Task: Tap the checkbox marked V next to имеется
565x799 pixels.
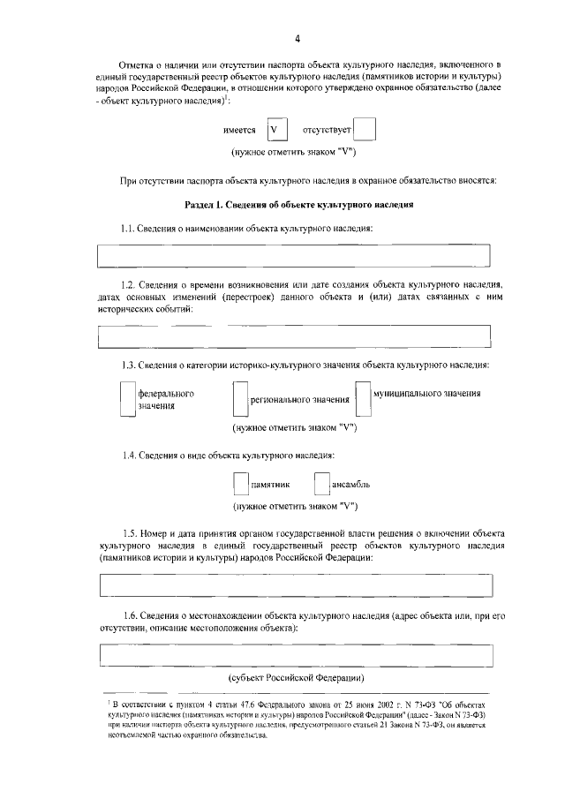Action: coord(277,131)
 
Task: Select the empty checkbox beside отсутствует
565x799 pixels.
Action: coord(365,131)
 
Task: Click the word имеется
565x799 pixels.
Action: coord(240,131)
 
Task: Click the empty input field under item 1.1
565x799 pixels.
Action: coord(295,254)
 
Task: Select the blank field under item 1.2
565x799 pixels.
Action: coord(295,336)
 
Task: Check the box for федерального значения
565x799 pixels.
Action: coord(127,400)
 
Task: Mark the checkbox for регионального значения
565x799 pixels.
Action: coord(238,400)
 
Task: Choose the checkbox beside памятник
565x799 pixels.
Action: coord(240,485)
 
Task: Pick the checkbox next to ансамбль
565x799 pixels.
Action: coord(321,485)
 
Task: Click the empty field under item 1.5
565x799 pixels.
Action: coord(295,586)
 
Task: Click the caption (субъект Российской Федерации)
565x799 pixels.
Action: coord(295,677)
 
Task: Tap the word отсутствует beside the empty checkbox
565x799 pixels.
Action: coord(327,131)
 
